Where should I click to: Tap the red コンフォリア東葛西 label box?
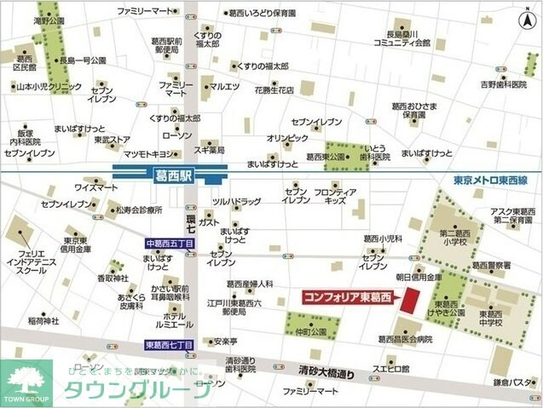tap(347, 297)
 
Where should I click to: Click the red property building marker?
tap(412, 301)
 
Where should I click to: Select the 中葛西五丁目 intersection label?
tap(169, 244)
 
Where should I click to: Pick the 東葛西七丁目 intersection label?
tap(168, 344)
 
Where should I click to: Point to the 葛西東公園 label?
tap(302, 158)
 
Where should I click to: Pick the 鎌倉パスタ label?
tap(514, 382)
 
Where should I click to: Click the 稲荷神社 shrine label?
tap(43, 320)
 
